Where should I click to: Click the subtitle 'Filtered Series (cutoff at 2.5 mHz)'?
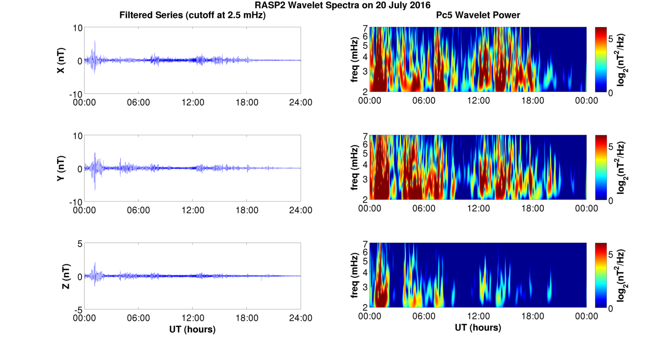[192, 15]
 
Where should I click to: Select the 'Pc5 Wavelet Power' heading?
[478, 15]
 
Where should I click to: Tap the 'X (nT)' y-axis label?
[61, 60]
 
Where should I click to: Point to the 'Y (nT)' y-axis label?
[61, 168]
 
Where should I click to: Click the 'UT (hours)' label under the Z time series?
[192, 329]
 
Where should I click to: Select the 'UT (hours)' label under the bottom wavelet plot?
[478, 328]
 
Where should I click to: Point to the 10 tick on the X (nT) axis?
[77, 28]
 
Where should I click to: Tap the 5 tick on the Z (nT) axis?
[80, 244]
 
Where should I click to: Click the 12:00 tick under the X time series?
[192, 102]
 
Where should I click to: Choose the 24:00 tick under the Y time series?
[300, 210]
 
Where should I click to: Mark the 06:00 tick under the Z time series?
[138, 318]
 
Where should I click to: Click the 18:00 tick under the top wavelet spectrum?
[532, 101]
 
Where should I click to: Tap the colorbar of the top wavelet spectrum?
[601, 59]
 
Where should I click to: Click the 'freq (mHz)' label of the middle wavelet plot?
[354, 168]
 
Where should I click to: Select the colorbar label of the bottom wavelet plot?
[621, 275]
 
